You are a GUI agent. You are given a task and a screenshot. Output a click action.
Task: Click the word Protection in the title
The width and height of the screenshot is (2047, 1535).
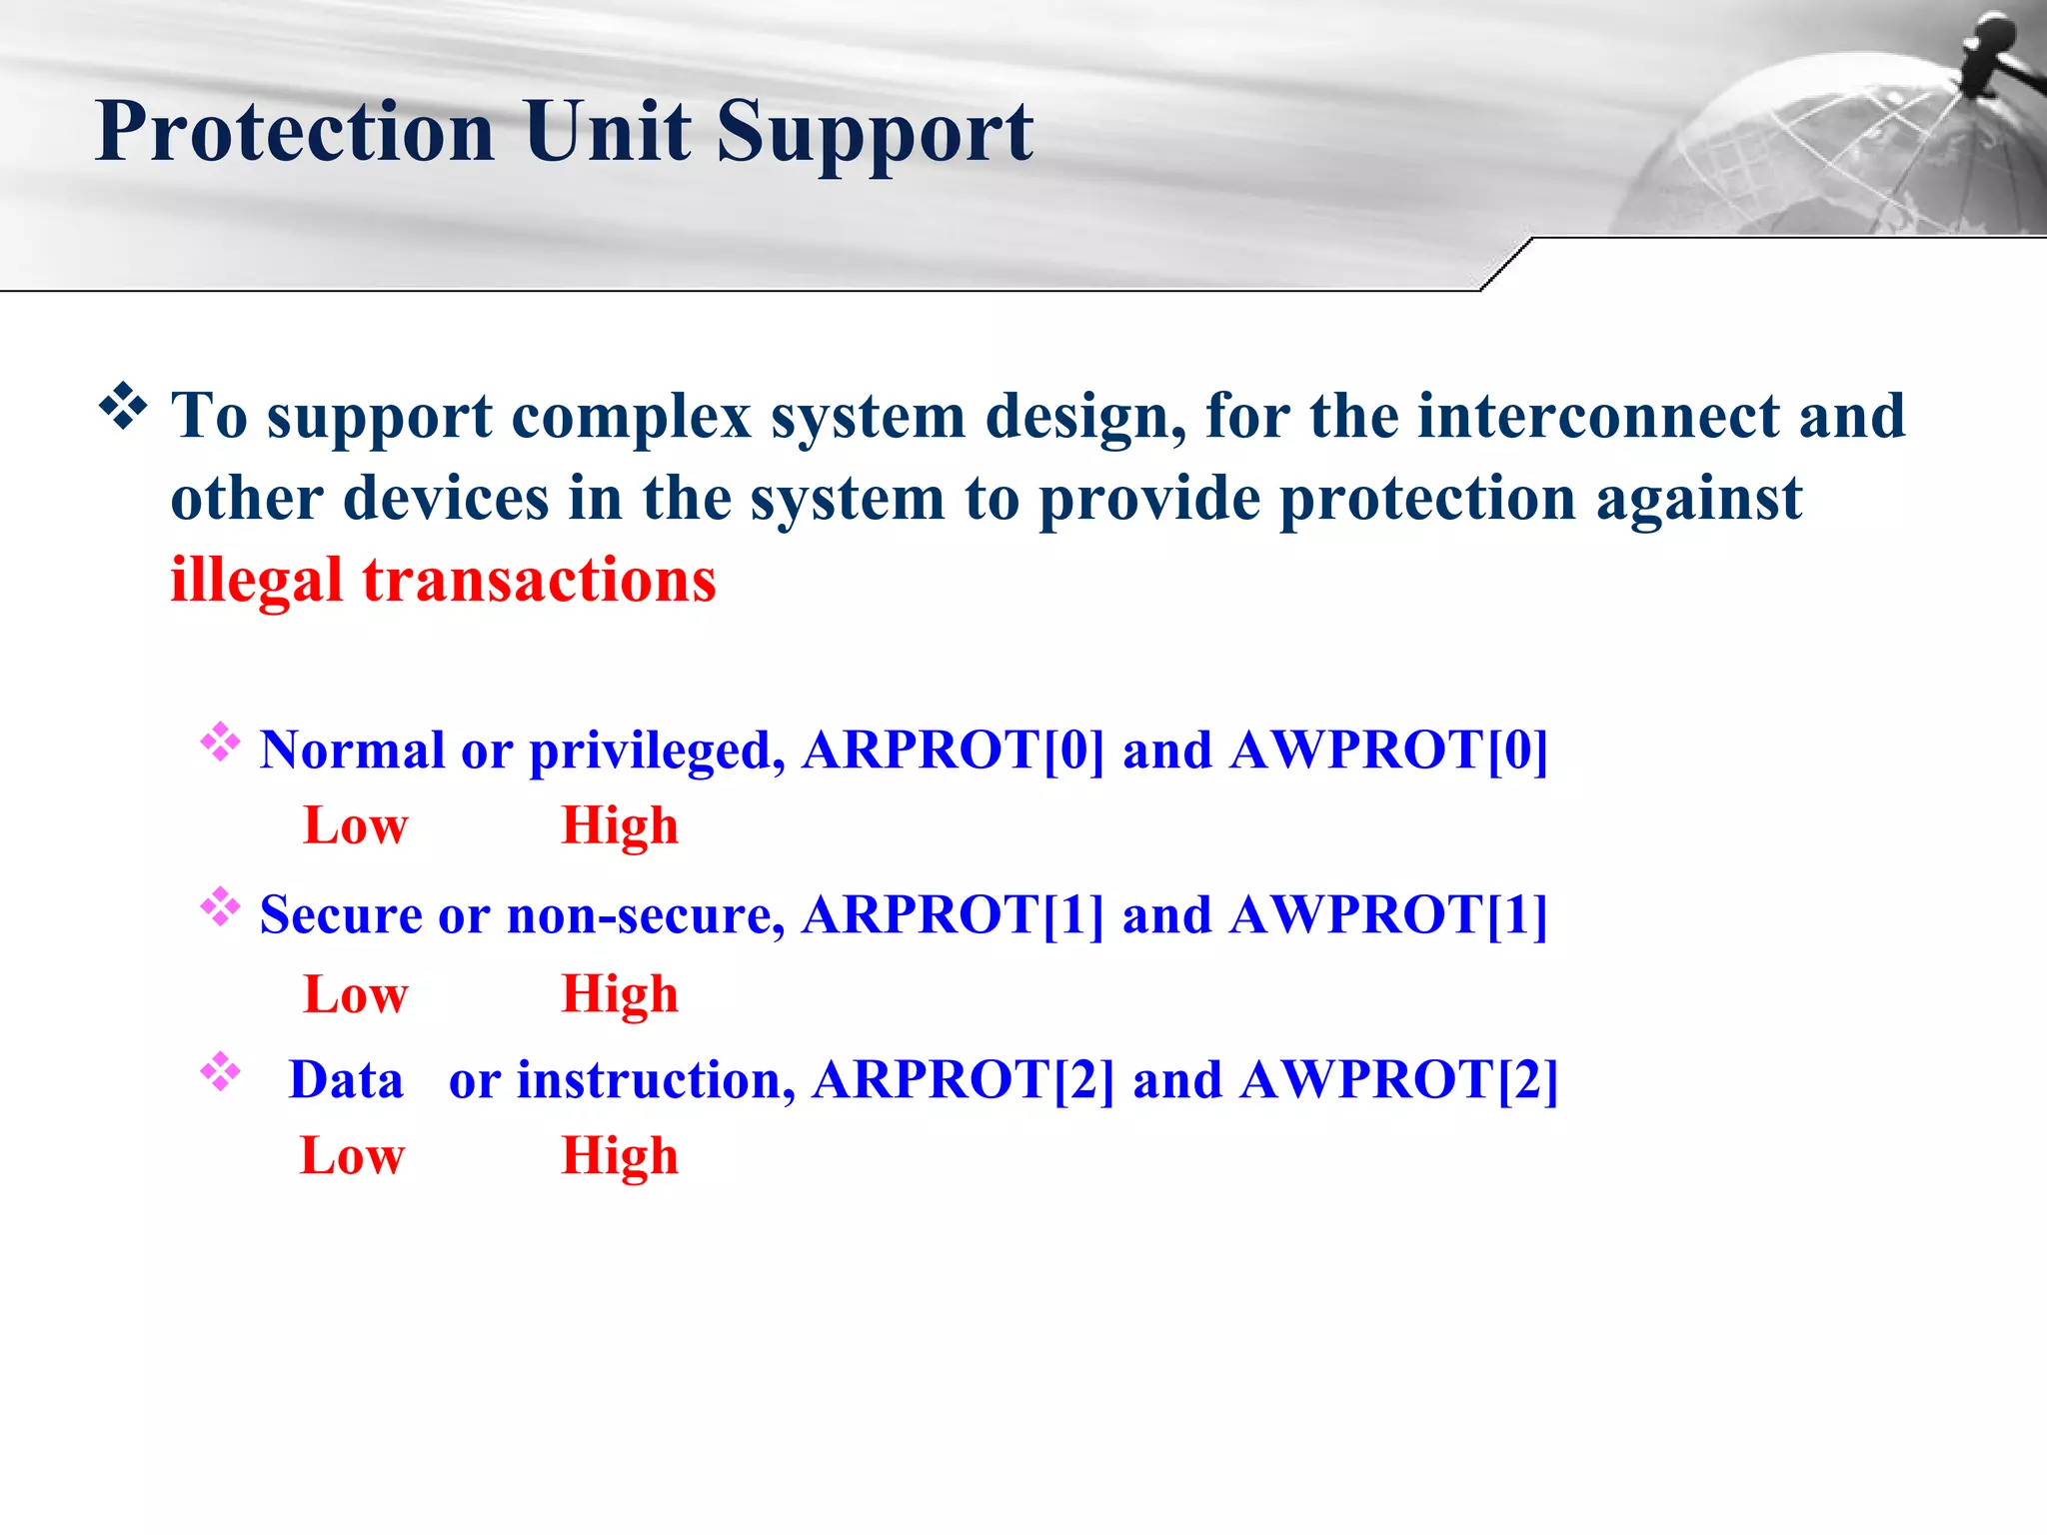pyautogui.click(x=295, y=132)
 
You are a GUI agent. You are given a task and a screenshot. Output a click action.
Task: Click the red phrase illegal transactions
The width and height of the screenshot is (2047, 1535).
pyautogui.click(x=443, y=581)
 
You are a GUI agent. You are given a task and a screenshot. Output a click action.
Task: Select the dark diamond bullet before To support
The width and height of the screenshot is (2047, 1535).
pyautogui.click(x=123, y=407)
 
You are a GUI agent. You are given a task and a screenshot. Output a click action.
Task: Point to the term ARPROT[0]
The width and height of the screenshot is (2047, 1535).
pyautogui.click(x=953, y=750)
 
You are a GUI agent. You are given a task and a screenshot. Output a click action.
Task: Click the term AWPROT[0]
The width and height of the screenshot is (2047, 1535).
pyautogui.click(x=1389, y=750)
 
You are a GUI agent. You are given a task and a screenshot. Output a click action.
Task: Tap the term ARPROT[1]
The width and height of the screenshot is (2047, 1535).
pyautogui.click(x=953, y=914)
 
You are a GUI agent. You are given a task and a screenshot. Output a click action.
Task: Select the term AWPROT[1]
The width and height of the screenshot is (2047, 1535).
pyautogui.click(x=1389, y=914)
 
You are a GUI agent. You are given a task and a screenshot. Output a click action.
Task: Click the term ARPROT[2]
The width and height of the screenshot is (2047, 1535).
pyautogui.click(x=963, y=1080)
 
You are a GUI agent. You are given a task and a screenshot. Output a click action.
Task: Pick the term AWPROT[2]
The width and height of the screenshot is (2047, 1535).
pyautogui.click(x=1398, y=1080)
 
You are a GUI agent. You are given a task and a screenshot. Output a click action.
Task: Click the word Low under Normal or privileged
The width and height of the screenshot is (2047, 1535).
pyautogui.click(x=356, y=826)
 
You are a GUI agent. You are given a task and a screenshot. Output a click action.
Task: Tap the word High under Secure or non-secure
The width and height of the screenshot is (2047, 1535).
pyautogui.click(x=620, y=994)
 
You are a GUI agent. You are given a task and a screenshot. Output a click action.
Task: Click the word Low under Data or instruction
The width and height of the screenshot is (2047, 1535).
pyautogui.click(x=352, y=1156)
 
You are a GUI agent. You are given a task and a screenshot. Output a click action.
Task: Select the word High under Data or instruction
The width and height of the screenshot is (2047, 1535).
pyautogui.click(x=620, y=1156)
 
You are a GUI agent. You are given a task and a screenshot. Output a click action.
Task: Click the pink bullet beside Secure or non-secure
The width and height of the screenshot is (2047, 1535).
pyautogui.click(x=220, y=907)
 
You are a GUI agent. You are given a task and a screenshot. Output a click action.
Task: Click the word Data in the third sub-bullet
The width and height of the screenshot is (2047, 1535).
pyautogui.click(x=346, y=1080)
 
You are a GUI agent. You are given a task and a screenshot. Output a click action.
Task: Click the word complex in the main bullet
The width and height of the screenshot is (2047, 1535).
pyautogui.click(x=632, y=415)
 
